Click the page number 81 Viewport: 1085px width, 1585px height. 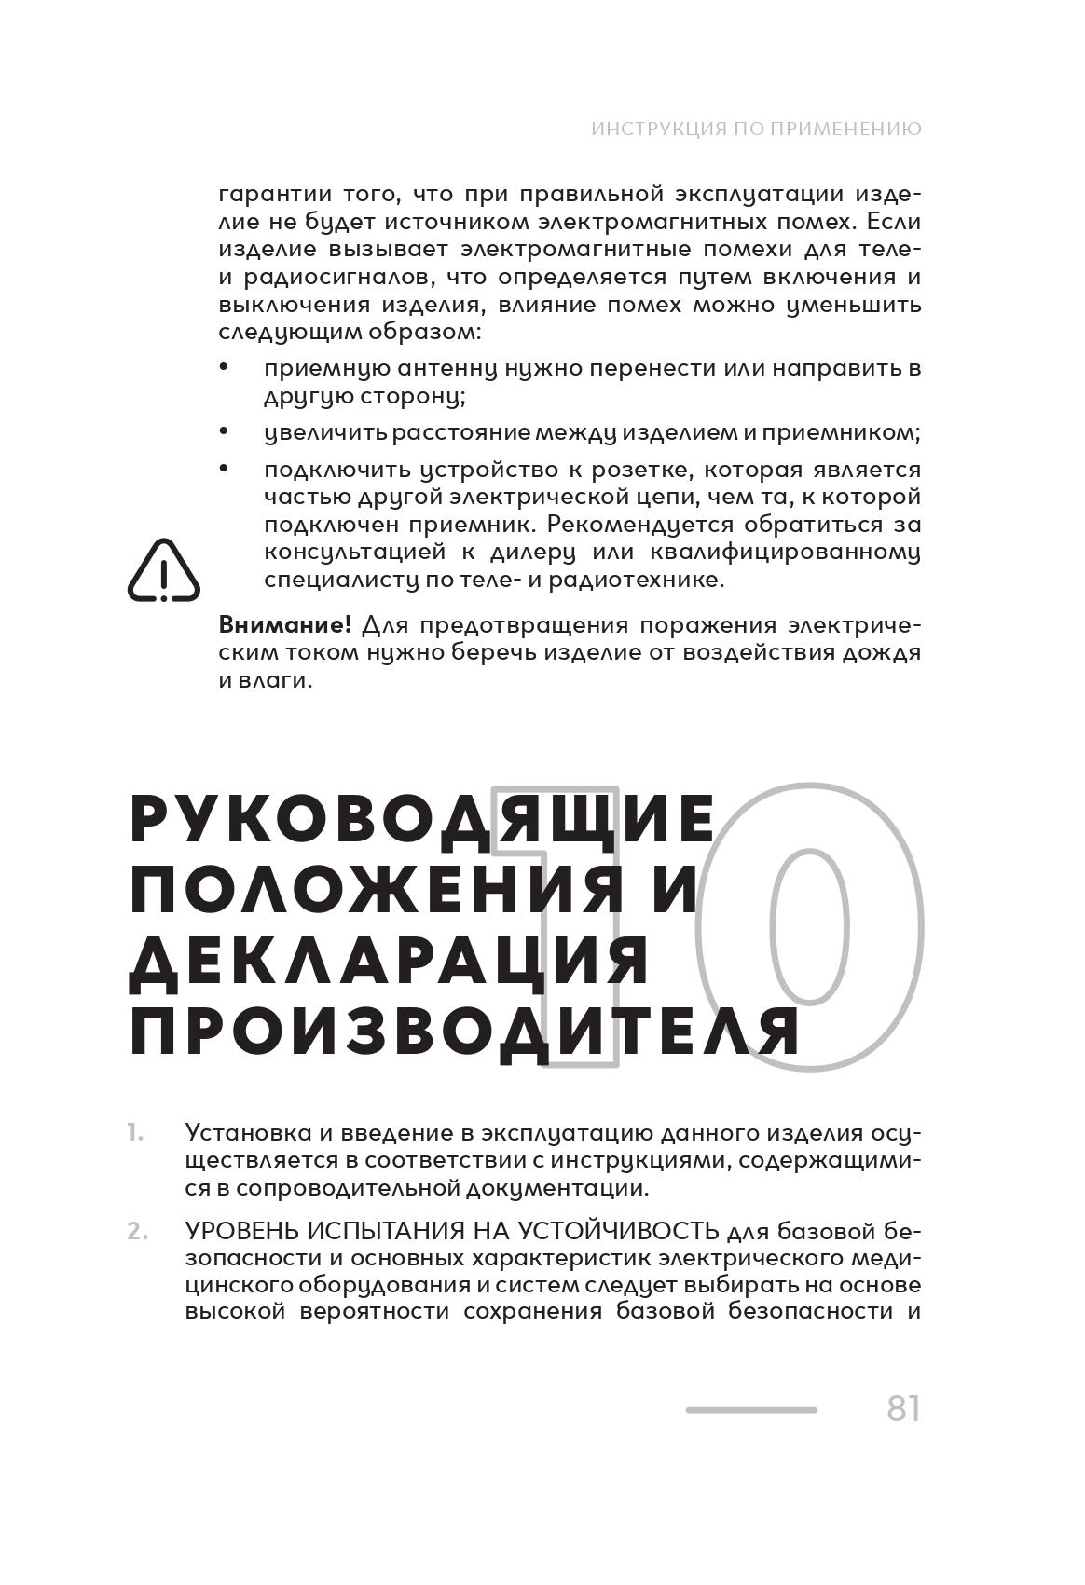pos(902,1408)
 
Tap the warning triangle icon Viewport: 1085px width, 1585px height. pos(164,571)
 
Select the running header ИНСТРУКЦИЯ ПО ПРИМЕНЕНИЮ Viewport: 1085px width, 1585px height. pos(756,129)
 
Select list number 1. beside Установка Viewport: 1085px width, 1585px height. pos(136,1133)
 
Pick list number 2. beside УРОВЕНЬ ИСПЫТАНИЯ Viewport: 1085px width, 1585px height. pos(137,1231)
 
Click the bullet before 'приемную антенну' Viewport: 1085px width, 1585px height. pos(224,368)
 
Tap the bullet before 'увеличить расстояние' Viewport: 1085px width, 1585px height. pos(224,431)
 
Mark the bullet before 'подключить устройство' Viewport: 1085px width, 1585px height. pos(224,469)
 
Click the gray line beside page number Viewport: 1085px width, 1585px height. pos(751,1410)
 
